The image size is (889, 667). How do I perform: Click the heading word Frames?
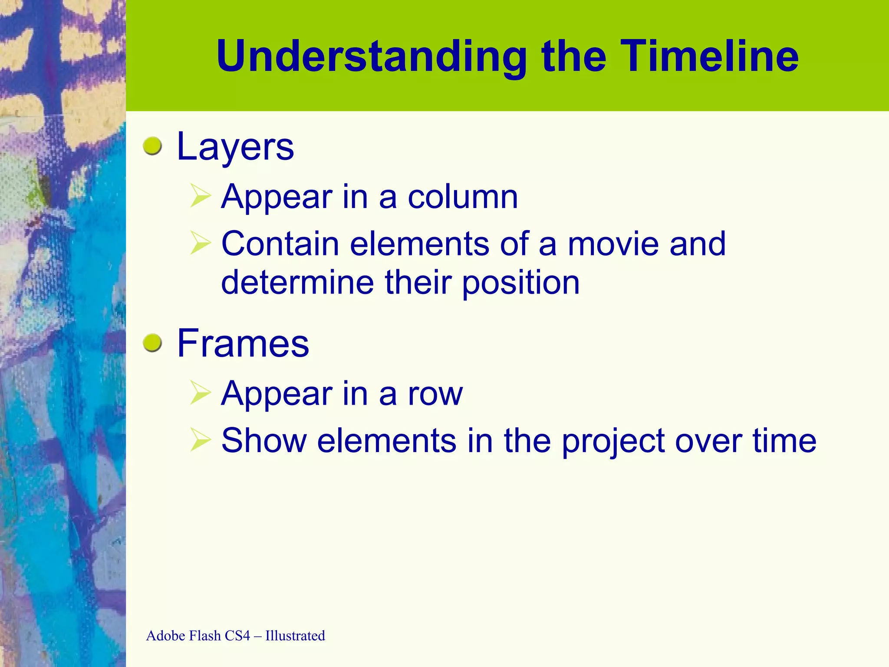coord(243,344)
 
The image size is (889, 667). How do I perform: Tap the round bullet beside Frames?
coord(152,343)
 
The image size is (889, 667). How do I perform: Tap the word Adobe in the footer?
coord(166,636)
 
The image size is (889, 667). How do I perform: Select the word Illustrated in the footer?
coord(295,636)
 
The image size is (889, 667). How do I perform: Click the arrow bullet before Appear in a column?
coord(200,196)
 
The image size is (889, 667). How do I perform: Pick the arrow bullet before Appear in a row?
coord(200,393)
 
